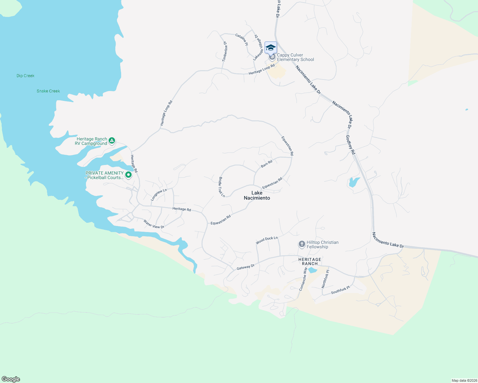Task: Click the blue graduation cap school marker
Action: point(271,48)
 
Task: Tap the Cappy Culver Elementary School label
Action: point(295,57)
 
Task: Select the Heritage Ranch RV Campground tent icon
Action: point(112,140)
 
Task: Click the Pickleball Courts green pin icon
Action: point(128,175)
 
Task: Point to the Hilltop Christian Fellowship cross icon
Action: point(302,244)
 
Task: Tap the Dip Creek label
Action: point(26,76)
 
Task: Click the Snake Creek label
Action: point(48,91)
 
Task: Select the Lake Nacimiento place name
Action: point(257,195)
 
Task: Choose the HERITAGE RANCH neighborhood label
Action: point(310,261)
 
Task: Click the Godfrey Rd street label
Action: point(351,145)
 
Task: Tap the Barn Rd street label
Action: point(266,164)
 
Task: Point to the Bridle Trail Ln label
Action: point(221,187)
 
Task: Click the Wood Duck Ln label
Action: point(267,240)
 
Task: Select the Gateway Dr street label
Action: point(245,267)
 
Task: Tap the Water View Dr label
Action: point(154,224)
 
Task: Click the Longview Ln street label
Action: point(159,195)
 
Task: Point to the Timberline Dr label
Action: point(225,51)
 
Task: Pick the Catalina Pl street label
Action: point(242,40)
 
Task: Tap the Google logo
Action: point(11,379)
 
